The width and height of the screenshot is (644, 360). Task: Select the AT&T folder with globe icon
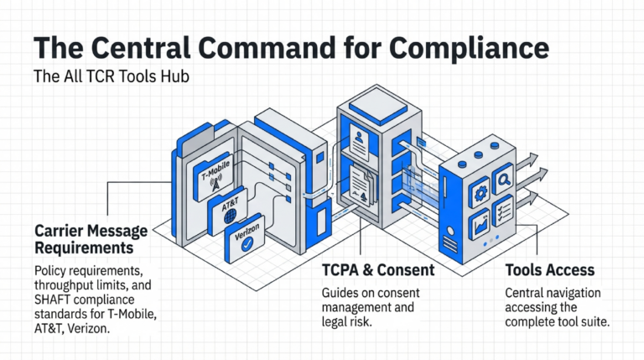[229, 211]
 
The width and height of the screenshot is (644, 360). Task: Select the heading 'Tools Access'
[549, 270]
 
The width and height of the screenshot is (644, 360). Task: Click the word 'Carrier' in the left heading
[62, 230]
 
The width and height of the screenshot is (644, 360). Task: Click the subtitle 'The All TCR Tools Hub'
[111, 76]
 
